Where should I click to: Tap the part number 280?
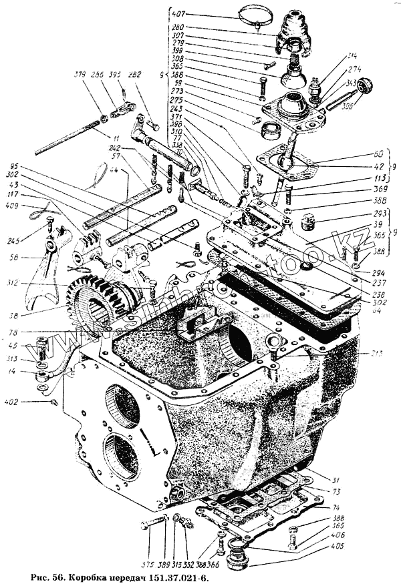tap(178, 27)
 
